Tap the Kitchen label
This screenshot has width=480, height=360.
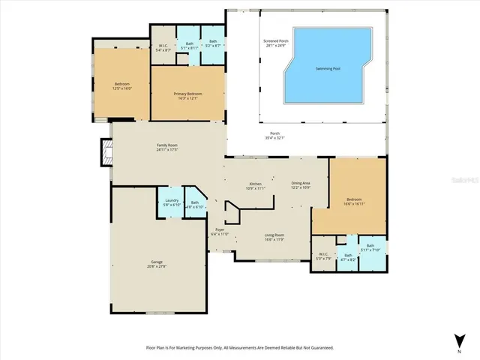tap(256, 187)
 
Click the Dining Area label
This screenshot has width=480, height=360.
tap(301, 185)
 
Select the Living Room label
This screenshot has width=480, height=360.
tap(274, 238)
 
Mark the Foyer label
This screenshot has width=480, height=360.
tap(220, 231)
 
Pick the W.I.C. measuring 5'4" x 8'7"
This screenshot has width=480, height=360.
tap(163, 48)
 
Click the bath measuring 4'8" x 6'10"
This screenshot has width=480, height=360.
tap(195, 204)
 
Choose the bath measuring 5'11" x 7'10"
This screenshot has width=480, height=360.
tap(370, 247)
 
